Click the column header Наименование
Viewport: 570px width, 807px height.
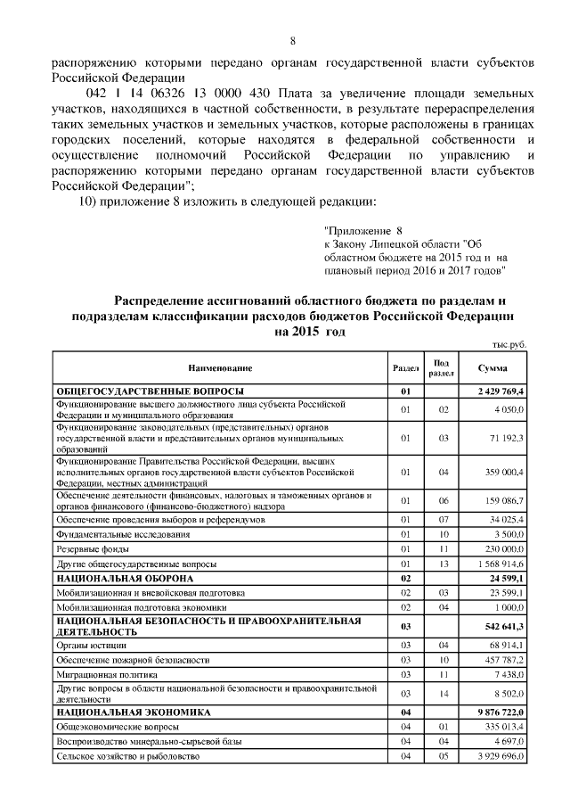tap(219, 368)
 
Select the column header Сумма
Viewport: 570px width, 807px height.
tap(493, 368)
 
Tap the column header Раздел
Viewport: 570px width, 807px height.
tap(405, 368)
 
